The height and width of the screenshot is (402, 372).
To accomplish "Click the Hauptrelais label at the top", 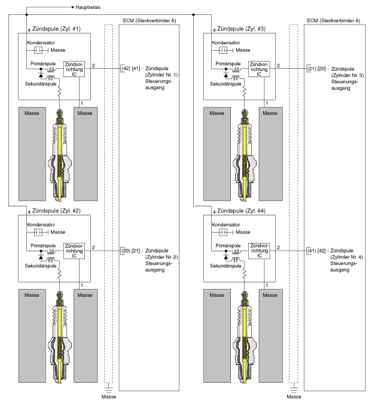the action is [88, 7].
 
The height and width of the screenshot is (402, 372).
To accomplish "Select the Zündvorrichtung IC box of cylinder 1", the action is [74, 69].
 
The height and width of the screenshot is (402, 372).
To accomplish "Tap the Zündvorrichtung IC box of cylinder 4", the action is [259, 251].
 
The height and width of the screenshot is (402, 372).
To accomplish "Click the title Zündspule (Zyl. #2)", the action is [56, 211].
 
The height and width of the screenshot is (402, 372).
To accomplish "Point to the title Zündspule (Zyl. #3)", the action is [242, 29].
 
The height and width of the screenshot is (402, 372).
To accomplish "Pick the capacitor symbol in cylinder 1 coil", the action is [38, 50].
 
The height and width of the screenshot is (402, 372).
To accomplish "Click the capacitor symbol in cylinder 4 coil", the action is [223, 232].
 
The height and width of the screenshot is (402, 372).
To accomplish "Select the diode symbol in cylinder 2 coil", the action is [41, 257].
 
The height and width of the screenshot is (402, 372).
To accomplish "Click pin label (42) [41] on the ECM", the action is [131, 69].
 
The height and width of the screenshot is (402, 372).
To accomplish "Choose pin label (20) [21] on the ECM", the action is [131, 250].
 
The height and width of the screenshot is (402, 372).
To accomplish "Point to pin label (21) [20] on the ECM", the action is [316, 69].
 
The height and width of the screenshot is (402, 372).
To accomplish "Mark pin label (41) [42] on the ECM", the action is [316, 250].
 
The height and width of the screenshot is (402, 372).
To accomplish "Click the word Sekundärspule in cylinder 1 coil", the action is [41, 84].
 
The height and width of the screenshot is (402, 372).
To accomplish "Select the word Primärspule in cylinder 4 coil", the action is [228, 246].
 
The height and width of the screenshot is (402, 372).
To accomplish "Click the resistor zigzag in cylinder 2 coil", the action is [59, 274].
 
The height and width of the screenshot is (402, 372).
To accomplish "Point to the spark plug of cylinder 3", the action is [245, 155].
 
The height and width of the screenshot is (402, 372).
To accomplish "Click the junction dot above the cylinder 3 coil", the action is [194, 15].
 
